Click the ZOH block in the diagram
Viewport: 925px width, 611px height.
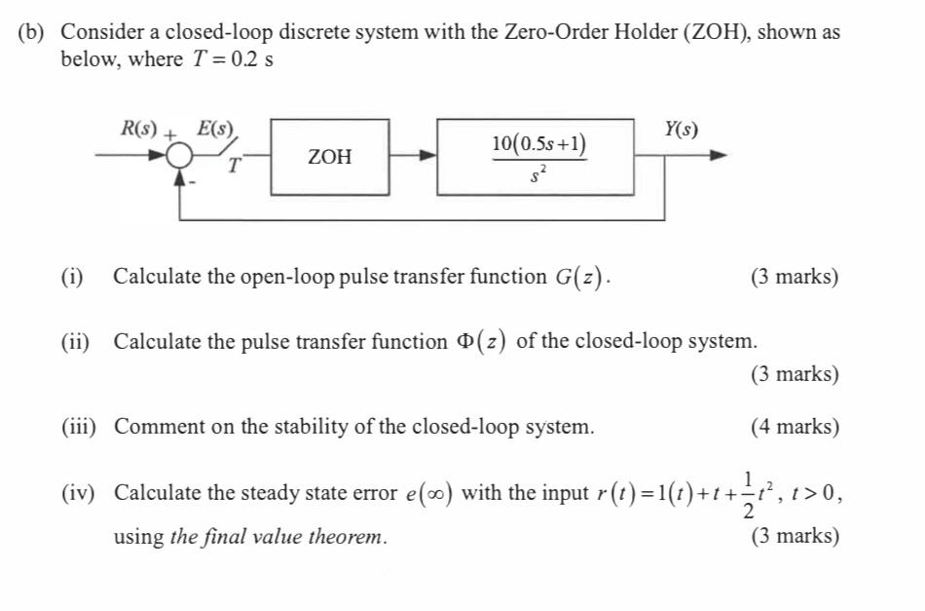pyautogui.click(x=330, y=157)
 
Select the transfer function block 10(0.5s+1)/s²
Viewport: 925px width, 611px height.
pyautogui.click(x=537, y=157)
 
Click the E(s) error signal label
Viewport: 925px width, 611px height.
pyautogui.click(x=215, y=128)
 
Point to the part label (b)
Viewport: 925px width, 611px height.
pyautogui.click(x=32, y=31)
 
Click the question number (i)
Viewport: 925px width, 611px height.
pyautogui.click(x=72, y=277)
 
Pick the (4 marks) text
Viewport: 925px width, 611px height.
pyautogui.click(x=794, y=427)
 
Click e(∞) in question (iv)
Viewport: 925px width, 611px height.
pyautogui.click(x=428, y=493)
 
